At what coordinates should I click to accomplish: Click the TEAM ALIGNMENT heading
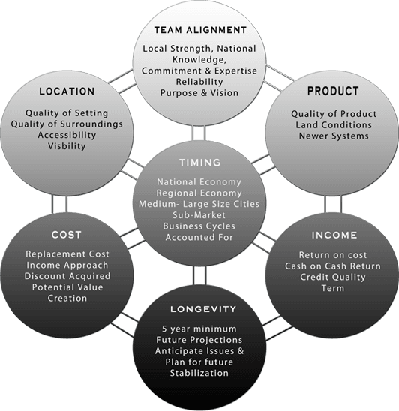(x=200, y=30)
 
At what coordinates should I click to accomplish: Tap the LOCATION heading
(x=67, y=91)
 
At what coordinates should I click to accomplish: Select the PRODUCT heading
(x=333, y=91)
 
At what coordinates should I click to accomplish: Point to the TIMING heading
(x=200, y=163)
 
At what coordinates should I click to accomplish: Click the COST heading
(x=67, y=235)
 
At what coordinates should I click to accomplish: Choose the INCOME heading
(x=334, y=235)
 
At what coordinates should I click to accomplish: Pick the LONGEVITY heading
(x=203, y=309)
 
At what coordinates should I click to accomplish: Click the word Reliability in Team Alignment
(x=199, y=82)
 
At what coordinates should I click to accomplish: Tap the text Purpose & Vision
(x=199, y=93)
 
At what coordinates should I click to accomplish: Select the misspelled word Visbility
(x=67, y=146)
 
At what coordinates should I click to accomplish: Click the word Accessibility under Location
(x=67, y=135)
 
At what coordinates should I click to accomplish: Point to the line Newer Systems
(x=334, y=136)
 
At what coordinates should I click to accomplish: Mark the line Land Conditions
(x=334, y=124)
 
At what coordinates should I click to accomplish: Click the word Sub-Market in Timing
(x=199, y=215)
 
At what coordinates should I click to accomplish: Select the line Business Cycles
(x=199, y=226)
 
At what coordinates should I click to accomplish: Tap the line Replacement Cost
(x=67, y=254)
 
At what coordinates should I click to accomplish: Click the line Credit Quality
(x=333, y=277)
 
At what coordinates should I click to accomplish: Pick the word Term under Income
(x=333, y=288)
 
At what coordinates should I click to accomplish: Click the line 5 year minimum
(x=199, y=328)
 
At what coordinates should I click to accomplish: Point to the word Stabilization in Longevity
(x=199, y=373)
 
